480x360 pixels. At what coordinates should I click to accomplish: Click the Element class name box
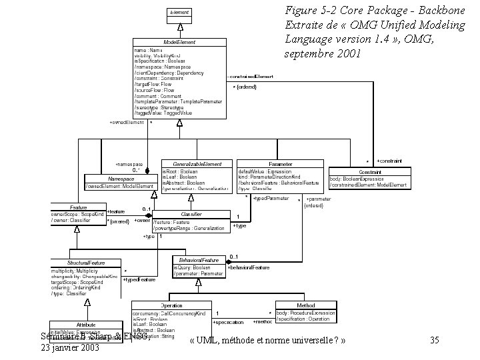click(179, 12)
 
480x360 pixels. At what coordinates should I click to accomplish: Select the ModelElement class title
click(179, 42)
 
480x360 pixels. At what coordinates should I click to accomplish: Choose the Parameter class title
click(280, 164)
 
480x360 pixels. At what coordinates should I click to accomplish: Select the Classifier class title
click(191, 215)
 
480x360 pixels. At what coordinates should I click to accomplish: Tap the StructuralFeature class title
click(85, 263)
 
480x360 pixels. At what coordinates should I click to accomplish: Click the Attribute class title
click(86, 325)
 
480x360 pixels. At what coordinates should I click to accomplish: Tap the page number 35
click(434, 341)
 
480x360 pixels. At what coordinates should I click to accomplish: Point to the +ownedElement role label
click(126, 122)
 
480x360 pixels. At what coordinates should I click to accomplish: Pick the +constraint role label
click(389, 161)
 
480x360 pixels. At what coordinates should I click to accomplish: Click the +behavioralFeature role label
click(249, 267)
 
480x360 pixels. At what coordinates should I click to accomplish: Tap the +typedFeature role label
click(139, 279)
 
